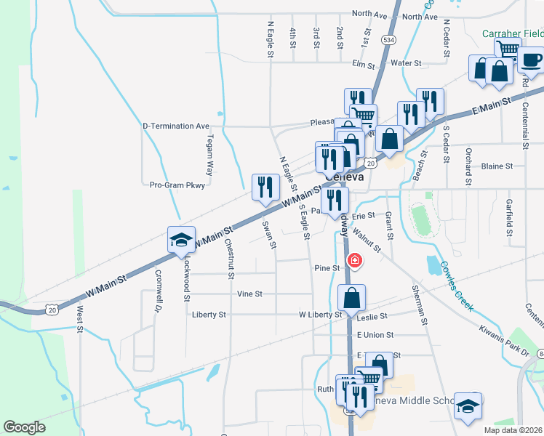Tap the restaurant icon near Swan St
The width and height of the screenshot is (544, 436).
[x=265, y=187]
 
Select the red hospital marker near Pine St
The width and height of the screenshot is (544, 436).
[x=356, y=259]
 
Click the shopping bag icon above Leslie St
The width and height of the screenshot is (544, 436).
[x=352, y=297]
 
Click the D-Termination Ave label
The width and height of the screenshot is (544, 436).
[x=175, y=126]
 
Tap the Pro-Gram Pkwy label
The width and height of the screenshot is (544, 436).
[x=177, y=185]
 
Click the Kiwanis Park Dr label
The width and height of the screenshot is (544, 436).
[x=503, y=340]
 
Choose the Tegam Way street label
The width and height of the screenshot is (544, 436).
[x=209, y=155]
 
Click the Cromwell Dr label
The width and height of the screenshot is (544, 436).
[x=157, y=291]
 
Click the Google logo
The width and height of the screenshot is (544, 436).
[x=24, y=427]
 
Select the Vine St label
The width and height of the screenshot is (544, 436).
[x=249, y=294]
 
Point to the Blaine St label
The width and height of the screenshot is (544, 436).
[x=498, y=166]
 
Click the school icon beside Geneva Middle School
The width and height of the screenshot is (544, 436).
[x=468, y=405]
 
